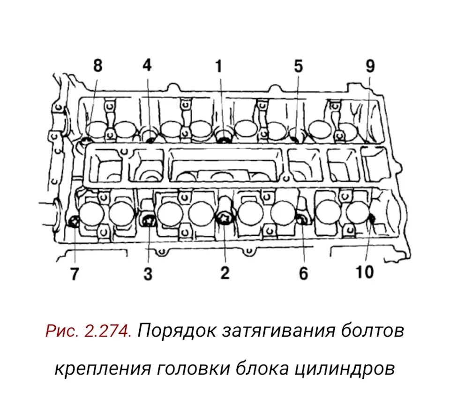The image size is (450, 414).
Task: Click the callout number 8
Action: tap(97, 65)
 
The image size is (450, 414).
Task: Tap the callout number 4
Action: tap(147, 65)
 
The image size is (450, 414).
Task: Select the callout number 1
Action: tap(218, 66)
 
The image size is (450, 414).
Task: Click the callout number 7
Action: tap(75, 274)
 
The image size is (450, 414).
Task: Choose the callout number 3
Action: tap(148, 273)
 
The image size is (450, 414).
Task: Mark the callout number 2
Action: tap(225, 272)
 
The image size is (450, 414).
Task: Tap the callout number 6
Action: tap(303, 273)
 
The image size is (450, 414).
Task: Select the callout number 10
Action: tap(364, 272)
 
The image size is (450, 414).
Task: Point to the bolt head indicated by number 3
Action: tap(149, 218)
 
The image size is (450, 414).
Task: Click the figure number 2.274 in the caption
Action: tap(107, 331)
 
